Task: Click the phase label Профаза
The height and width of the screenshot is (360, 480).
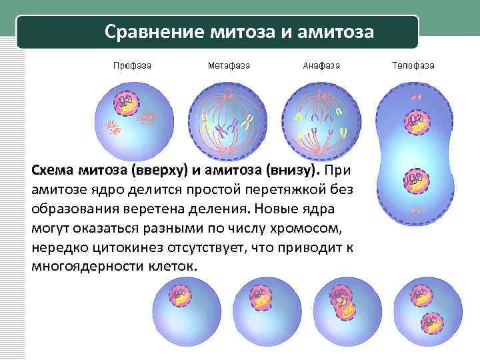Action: click(131, 65)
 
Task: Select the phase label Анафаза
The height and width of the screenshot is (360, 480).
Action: click(321, 65)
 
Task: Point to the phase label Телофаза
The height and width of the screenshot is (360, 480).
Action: click(414, 65)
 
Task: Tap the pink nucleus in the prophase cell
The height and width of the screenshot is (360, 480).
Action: click(125, 103)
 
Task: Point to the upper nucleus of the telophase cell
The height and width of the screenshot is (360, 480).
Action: click(416, 121)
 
